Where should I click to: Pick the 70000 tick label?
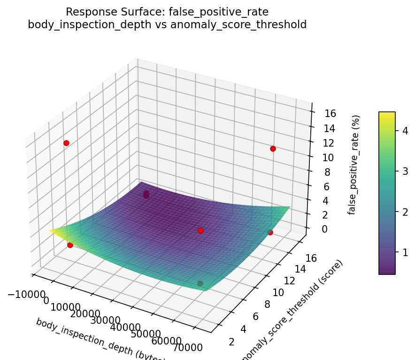(187, 348)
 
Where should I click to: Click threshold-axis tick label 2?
(231, 342)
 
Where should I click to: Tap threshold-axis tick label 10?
(278, 292)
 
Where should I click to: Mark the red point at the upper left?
(66, 143)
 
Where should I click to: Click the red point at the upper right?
(273, 149)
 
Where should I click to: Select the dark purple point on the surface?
(146, 194)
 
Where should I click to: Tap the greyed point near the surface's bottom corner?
(200, 283)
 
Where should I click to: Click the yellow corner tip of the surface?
(51, 231)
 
